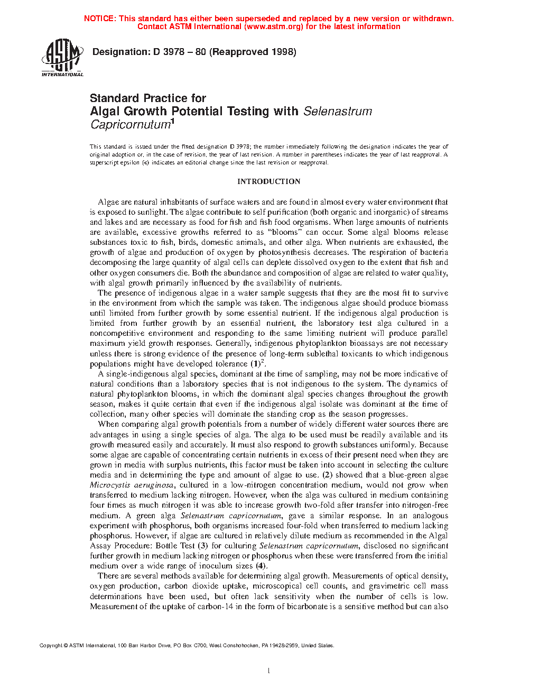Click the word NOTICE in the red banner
[x=99, y=19]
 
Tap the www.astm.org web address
[x=272, y=26]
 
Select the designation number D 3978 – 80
[x=179, y=52]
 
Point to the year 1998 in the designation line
[x=284, y=52]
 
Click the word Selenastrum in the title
[x=338, y=112]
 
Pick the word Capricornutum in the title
[x=129, y=125]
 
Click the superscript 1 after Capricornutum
[x=172, y=122]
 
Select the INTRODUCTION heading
[x=268, y=181]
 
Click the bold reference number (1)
[x=256, y=364]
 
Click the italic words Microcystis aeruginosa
[x=132, y=485]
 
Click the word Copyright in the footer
[x=51, y=646]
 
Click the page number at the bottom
[x=269, y=671]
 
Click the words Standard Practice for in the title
[x=148, y=98]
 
